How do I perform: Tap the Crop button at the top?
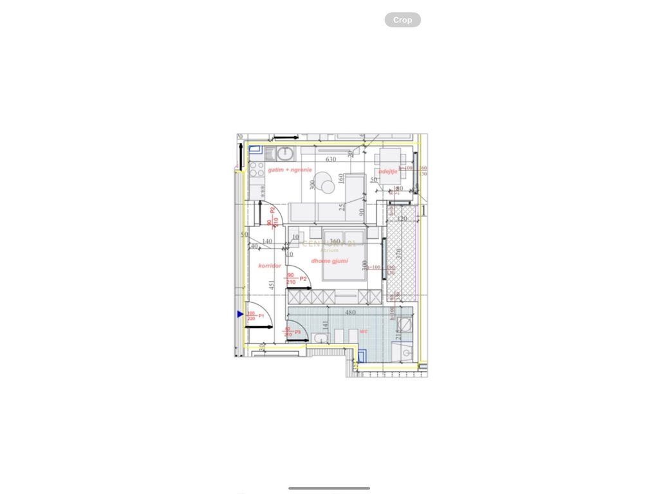click(x=402, y=20)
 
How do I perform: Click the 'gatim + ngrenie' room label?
click(x=290, y=169)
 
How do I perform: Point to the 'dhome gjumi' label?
click(x=329, y=261)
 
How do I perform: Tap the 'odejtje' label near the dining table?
click(x=387, y=171)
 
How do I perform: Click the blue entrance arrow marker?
click(x=239, y=314)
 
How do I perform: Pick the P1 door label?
click(x=261, y=315)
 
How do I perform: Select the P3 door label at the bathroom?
click(x=297, y=332)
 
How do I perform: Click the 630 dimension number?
click(x=331, y=160)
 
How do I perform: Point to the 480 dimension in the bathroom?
click(x=351, y=313)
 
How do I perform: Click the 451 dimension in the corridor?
click(x=272, y=286)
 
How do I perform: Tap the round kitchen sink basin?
click(x=286, y=152)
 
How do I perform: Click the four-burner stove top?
click(x=256, y=169)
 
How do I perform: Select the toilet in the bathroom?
click(x=319, y=338)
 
